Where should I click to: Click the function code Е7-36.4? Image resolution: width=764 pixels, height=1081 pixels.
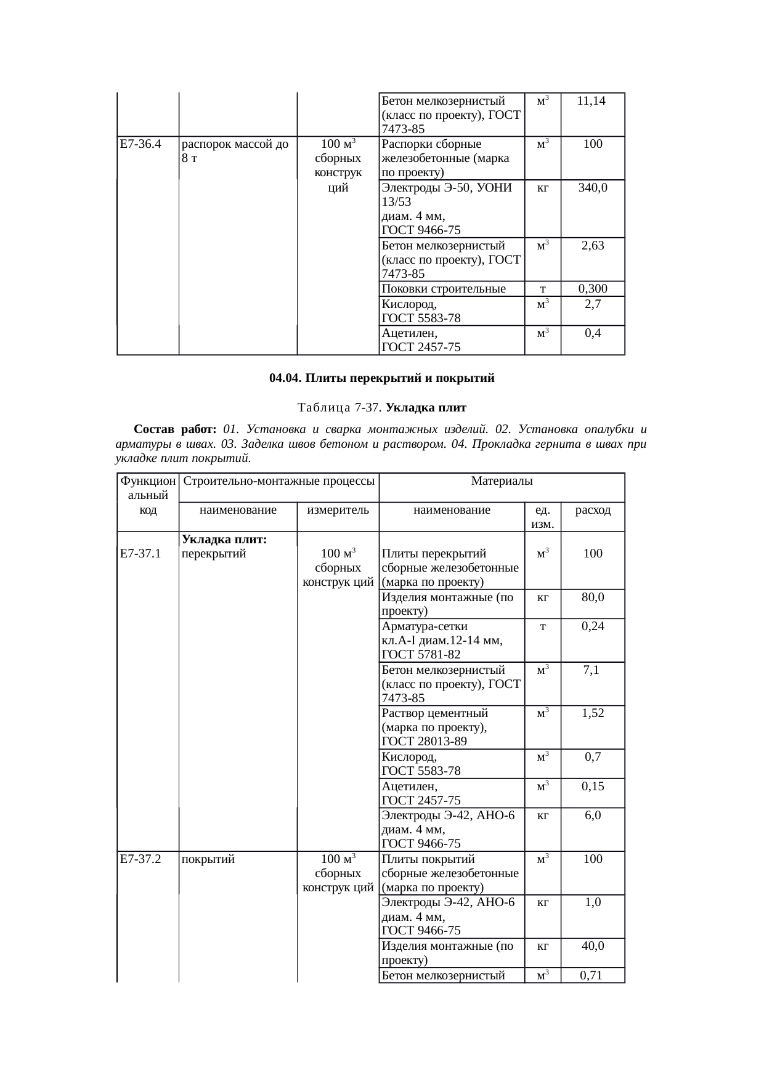(140, 144)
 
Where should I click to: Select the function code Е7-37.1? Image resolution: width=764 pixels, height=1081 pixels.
(140, 554)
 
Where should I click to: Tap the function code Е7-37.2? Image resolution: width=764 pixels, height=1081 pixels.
(140, 859)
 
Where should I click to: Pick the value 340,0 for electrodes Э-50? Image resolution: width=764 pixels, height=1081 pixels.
(593, 188)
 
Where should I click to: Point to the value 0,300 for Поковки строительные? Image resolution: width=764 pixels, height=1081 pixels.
(593, 289)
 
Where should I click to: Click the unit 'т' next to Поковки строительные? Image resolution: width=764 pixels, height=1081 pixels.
(542, 289)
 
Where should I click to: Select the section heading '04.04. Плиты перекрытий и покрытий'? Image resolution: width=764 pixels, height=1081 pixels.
(381, 378)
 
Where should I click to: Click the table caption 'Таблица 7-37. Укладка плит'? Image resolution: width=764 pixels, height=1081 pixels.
(381, 408)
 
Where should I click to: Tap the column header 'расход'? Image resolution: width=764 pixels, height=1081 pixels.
(593, 510)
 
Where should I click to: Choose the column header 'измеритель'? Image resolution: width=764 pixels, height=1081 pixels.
(338, 510)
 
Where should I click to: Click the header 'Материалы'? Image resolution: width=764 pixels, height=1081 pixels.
(502, 480)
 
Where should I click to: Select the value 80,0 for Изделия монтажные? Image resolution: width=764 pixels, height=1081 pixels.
(593, 597)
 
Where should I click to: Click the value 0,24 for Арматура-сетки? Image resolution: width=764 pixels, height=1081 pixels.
(593, 626)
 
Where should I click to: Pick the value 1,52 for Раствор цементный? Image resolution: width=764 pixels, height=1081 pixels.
(593, 713)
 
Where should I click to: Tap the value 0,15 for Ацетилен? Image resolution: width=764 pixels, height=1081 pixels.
(593, 786)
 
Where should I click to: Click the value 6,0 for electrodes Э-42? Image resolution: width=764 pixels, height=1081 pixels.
(593, 815)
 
